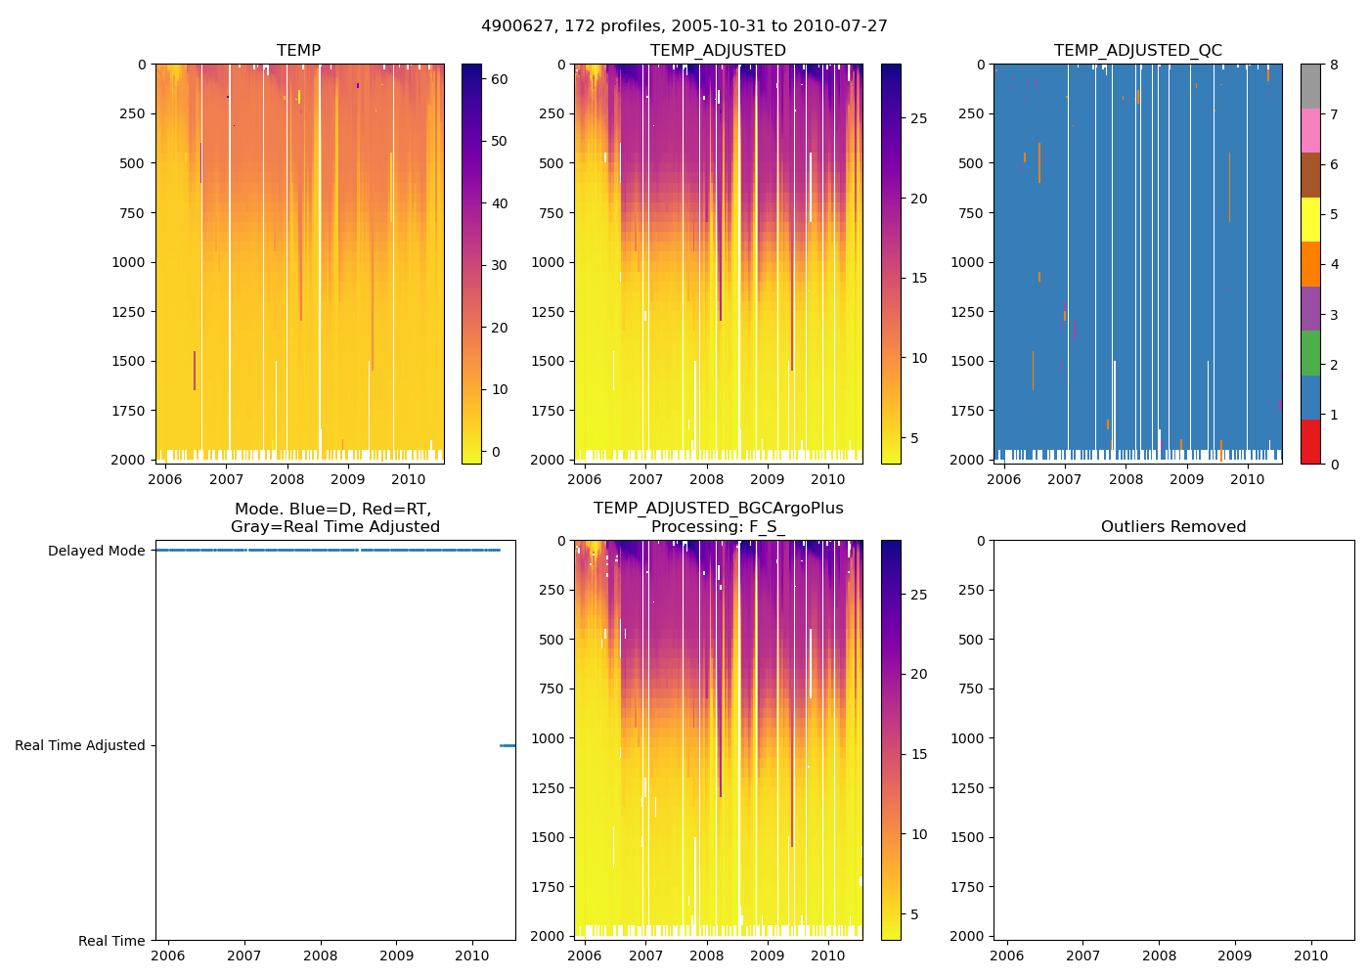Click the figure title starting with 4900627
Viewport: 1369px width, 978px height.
(x=684, y=26)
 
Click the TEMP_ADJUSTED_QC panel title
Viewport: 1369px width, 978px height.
(x=1137, y=50)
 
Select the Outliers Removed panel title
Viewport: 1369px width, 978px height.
(x=1173, y=526)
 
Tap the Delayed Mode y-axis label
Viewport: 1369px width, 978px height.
(x=96, y=551)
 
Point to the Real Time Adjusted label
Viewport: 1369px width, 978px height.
(x=79, y=745)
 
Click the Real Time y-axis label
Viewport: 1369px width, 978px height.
(x=111, y=941)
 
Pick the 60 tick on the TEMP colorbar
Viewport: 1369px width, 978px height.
(x=499, y=79)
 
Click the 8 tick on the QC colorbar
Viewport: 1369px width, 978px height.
(x=1334, y=65)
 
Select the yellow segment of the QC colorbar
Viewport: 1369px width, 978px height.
(x=1310, y=219)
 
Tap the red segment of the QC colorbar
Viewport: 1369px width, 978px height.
(x=1310, y=441)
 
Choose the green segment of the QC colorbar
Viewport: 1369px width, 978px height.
(x=1310, y=352)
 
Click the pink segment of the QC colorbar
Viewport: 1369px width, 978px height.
(x=1310, y=130)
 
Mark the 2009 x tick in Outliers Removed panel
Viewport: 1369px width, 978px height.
(x=1235, y=956)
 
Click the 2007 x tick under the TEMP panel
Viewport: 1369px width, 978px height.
(x=226, y=479)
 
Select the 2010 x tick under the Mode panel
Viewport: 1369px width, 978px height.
(x=472, y=956)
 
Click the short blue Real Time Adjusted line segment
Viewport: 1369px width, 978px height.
(x=508, y=745)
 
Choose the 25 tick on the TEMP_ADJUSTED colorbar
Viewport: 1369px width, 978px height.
(x=918, y=118)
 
